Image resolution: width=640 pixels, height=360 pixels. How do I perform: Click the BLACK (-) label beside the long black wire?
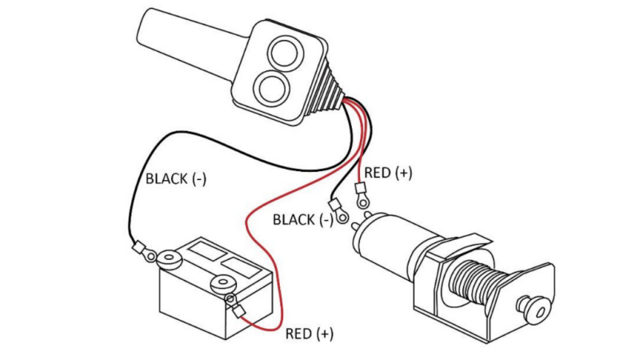coord(175,179)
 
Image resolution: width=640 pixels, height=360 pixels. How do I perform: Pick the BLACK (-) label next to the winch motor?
coord(303,220)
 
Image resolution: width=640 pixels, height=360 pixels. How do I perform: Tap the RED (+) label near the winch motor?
coord(388,173)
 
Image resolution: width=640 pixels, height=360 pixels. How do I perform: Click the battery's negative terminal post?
coord(170,259)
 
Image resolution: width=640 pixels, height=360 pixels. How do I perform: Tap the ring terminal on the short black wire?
coord(338,210)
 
